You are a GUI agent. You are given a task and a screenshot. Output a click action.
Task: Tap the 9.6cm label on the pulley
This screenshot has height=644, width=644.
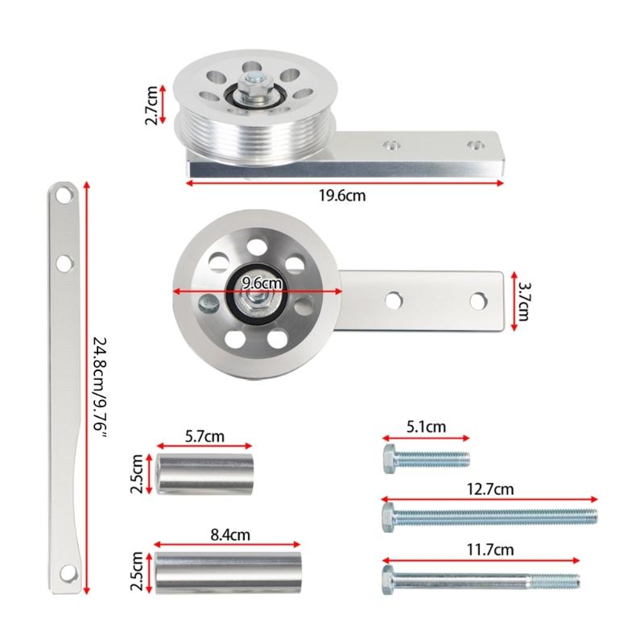(262, 283)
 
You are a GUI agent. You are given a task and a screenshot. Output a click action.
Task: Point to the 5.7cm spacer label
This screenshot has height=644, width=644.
(204, 436)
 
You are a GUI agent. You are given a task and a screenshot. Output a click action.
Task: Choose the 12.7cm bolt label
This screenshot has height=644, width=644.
(489, 489)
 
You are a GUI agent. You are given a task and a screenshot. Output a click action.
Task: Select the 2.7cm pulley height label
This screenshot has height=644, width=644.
(151, 106)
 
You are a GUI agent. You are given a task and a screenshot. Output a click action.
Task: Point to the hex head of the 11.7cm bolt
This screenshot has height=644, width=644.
(390, 577)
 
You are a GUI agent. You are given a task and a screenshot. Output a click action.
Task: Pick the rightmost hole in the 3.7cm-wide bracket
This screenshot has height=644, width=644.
(480, 299)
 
